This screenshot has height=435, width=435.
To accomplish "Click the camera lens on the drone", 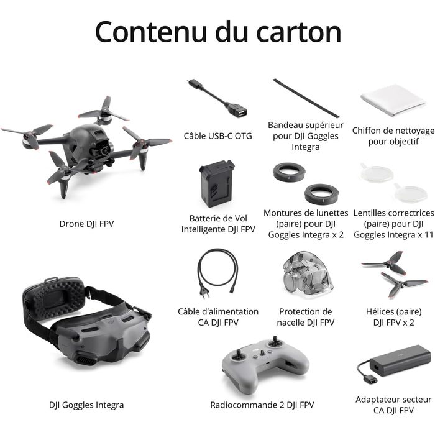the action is coord(104,150).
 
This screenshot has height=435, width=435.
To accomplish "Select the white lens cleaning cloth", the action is coord(393,100).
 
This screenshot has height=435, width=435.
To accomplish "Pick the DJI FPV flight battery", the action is coord(217,183).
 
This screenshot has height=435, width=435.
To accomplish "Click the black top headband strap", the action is coord(306,98).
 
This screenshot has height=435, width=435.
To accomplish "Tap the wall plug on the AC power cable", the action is coord(204,293).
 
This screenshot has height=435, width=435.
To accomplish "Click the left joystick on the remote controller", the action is coord(239,355).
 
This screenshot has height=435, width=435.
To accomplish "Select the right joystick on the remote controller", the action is coord(275,341).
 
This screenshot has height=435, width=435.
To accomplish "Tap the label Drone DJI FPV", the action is coord(86,224).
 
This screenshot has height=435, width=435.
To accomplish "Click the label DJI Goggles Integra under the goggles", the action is coord(86,405).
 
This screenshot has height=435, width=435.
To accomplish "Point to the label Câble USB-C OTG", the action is coord(217,136).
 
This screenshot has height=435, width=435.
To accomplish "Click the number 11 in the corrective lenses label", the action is coord(429,235).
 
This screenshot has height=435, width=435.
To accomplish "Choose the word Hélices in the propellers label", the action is coord(378,311).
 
